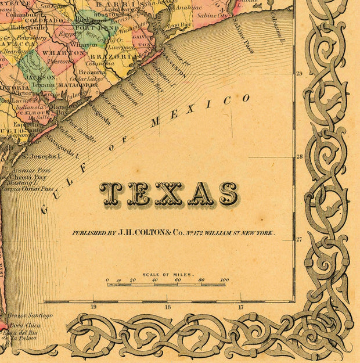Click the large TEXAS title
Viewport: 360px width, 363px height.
pyautogui.click(x=168, y=194)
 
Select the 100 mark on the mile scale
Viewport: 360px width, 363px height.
pyautogui.click(x=224, y=280)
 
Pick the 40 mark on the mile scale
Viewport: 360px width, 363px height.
pyautogui.click(x=155, y=280)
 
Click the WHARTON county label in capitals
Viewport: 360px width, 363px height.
pyautogui.click(x=71, y=52)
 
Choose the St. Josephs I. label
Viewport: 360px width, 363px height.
pyautogui.click(x=41, y=156)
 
